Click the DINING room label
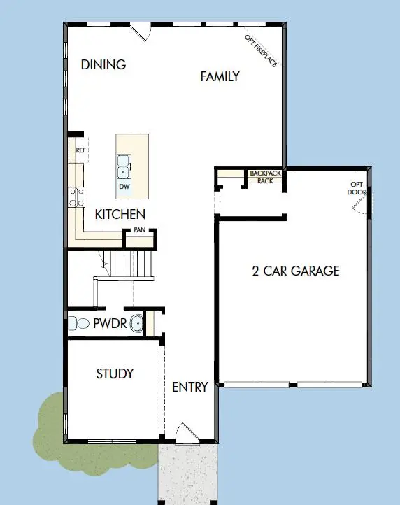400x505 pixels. pyautogui.click(x=103, y=65)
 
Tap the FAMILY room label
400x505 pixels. pyautogui.click(x=220, y=76)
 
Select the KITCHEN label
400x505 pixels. pyautogui.click(x=120, y=214)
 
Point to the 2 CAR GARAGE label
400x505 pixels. pyautogui.click(x=295, y=271)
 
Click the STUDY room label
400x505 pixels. pyautogui.click(x=115, y=374)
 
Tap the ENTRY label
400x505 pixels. pyautogui.click(x=190, y=387)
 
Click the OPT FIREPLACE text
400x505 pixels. pyautogui.click(x=261, y=50)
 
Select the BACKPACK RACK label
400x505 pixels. pyautogui.click(x=265, y=176)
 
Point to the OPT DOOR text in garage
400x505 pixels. pyautogui.click(x=357, y=189)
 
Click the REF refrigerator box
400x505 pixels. pyautogui.click(x=80, y=150)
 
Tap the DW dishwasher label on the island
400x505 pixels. pyautogui.click(x=124, y=187)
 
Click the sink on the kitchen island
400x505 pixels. pyautogui.click(x=123, y=166)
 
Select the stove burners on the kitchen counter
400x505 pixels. pyautogui.click(x=76, y=197)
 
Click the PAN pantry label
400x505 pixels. pyautogui.click(x=139, y=228)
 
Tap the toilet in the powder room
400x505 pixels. pyautogui.click(x=75, y=324)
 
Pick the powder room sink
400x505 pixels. pyautogui.click(x=136, y=324)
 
